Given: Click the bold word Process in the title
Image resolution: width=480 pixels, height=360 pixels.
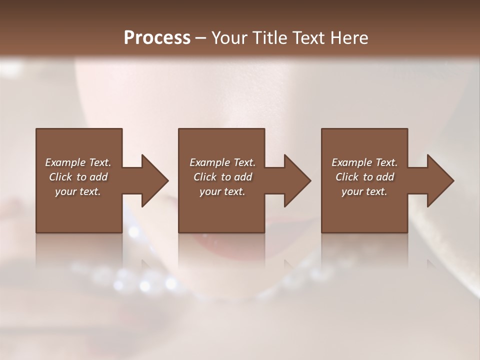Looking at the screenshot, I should pos(157,37).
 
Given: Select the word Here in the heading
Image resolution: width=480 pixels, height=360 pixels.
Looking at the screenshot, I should pos(349,37).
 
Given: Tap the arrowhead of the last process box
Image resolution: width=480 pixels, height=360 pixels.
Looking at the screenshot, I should pos(439,180).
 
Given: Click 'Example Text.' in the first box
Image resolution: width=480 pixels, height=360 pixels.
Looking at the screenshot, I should pos(78,162).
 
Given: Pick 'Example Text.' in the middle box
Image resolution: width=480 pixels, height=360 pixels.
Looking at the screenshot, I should pos(222,162).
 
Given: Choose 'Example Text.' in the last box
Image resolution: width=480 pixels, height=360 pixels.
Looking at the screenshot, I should pos(364,162).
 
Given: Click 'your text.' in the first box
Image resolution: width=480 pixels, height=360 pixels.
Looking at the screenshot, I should pos(78,191).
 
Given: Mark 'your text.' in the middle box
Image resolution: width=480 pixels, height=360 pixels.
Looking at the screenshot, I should pos(222,191).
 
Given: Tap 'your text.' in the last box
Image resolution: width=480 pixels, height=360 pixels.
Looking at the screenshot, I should pos(364,191).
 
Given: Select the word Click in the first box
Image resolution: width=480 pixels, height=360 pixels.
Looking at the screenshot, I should pos(60,177).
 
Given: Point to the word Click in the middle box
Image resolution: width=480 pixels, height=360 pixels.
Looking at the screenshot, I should pos(205,177).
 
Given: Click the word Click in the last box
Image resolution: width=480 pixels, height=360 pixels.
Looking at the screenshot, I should pos(347,177).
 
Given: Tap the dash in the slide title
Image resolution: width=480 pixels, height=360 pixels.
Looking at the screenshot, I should pos(200,38).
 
